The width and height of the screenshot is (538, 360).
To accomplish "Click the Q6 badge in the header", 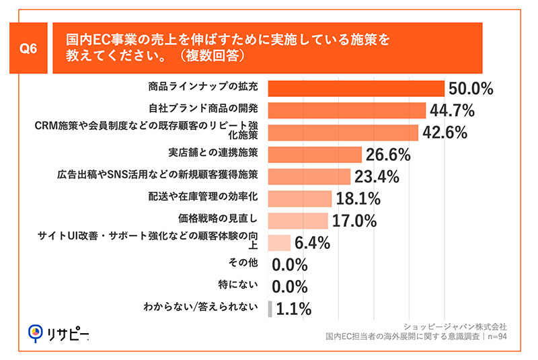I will (x=29, y=48).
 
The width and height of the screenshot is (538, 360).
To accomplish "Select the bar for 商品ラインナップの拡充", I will (x=356, y=89).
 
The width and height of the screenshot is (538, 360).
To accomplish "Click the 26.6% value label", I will (x=388, y=155).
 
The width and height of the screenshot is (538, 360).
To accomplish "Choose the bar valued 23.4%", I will (x=309, y=176).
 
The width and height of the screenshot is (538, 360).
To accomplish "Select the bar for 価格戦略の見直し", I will (x=298, y=221).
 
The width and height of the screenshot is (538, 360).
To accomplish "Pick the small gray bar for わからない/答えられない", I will (x=270, y=309).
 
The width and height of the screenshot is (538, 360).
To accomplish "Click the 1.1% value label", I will (x=293, y=309).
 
